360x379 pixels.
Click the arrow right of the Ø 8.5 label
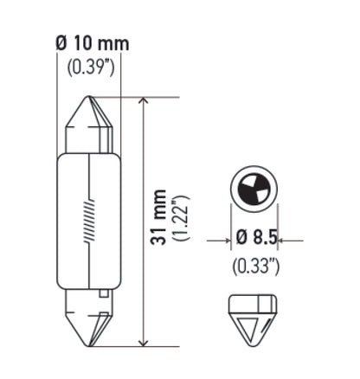(288, 241)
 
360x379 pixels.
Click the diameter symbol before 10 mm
(61, 43)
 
